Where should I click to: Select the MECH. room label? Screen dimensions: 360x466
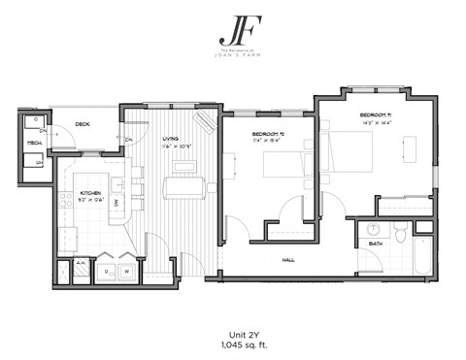(34, 143)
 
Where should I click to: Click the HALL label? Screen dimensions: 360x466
(288, 259)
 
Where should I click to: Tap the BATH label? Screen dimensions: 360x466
(375, 244)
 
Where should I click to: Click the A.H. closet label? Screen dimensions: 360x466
(81, 262)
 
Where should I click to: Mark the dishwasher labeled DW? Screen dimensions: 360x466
(116, 202)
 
